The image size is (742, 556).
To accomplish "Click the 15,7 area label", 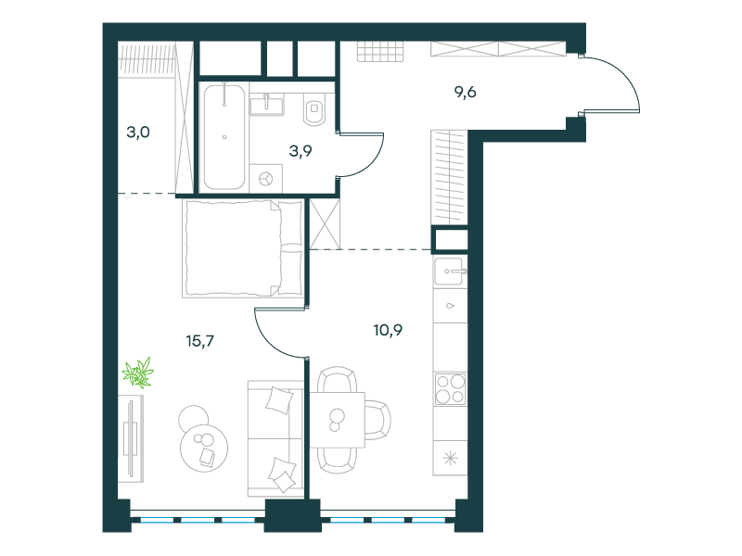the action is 199,341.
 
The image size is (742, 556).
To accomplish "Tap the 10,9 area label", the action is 388,330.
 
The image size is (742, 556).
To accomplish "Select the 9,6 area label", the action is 466,92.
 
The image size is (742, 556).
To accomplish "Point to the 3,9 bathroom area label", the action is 301,151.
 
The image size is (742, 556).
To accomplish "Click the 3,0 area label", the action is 138,132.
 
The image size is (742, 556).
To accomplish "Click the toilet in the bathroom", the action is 314,109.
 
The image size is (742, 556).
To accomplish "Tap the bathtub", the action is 224,137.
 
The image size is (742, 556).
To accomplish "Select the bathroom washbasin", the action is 266,104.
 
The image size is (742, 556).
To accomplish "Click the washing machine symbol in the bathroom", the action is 266,179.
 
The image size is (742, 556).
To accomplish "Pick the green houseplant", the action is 138,373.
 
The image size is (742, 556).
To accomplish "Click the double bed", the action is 243,248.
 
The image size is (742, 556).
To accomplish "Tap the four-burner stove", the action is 450,389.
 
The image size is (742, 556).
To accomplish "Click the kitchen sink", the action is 449,272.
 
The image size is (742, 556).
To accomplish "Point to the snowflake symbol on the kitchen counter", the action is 450,458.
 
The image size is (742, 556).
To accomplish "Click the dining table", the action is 338,420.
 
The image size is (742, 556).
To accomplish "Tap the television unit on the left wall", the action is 131,438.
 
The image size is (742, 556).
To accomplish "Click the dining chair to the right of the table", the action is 377,420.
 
